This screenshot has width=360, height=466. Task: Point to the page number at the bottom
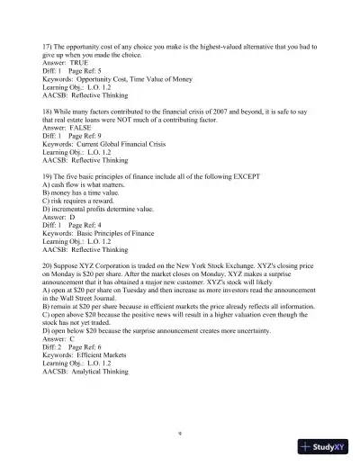(180, 435)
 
